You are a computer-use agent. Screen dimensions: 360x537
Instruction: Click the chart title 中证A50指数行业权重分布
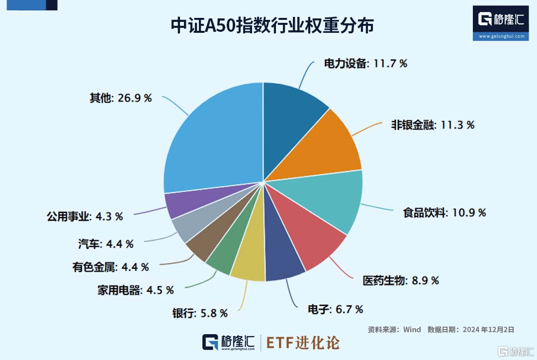(x=272, y=26)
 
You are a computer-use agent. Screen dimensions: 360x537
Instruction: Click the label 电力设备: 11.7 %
(x=365, y=64)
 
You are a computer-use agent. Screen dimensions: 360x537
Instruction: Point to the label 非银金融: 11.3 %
(x=433, y=125)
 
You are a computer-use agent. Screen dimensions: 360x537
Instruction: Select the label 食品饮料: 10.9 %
(x=444, y=213)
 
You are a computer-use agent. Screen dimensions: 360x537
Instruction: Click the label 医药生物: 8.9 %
(x=401, y=280)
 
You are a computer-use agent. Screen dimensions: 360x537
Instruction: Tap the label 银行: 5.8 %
(x=200, y=313)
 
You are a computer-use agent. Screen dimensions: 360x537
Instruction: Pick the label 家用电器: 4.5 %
(x=135, y=290)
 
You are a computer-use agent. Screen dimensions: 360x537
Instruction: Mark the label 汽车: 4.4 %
(x=105, y=244)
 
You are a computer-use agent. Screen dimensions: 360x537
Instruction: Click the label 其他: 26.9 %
(x=120, y=98)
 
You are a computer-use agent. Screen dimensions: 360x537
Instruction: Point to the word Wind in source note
(x=412, y=330)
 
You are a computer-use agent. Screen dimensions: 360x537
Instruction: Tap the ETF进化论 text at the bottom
(x=303, y=343)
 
